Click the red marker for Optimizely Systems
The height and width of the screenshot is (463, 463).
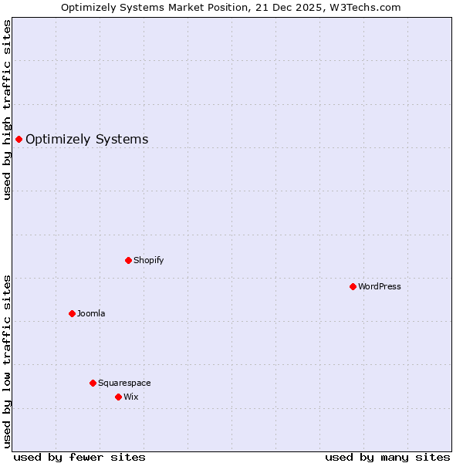click(19, 139)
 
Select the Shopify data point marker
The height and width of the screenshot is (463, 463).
click(128, 260)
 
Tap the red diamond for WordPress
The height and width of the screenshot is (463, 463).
click(353, 286)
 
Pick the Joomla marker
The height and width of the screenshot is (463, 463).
click(72, 313)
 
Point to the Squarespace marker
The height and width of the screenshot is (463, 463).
click(93, 383)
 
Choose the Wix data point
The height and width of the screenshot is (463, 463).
click(118, 397)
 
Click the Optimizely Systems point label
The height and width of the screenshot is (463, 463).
click(86, 140)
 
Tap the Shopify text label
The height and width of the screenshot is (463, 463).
click(148, 261)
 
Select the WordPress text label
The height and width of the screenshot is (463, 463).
click(379, 287)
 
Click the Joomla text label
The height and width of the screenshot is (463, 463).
click(91, 314)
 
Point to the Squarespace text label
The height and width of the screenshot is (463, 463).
click(124, 384)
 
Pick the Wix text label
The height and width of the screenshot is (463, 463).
click(131, 397)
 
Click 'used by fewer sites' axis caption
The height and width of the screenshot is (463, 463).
click(79, 457)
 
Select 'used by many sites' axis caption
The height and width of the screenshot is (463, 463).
click(387, 457)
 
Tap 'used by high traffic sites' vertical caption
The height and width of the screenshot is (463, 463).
click(8, 110)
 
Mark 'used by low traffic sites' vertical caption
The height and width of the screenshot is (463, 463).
click(8, 361)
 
